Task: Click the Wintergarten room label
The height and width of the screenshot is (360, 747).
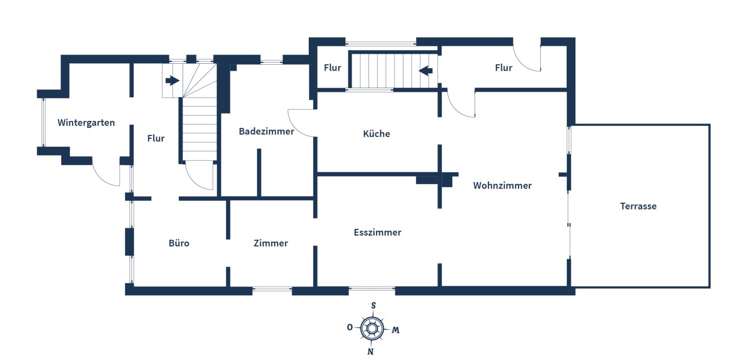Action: point(86,122)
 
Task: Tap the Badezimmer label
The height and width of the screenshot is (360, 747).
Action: point(266,131)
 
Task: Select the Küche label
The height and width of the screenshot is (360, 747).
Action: point(376,133)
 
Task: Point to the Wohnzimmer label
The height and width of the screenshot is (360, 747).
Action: point(502,186)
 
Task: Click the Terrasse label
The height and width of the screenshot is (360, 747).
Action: point(638,206)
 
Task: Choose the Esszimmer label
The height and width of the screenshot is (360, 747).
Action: point(377,233)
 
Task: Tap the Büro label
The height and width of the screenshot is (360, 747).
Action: point(179,243)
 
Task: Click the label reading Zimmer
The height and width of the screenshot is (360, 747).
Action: point(270,243)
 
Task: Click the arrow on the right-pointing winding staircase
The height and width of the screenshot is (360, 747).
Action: point(172,80)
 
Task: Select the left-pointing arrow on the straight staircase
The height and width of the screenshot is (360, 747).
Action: point(426,71)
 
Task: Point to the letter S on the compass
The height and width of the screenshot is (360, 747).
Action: point(373,305)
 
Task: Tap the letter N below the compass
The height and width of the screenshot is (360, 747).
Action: point(371,352)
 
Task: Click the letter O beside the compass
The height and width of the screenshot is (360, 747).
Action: point(350,327)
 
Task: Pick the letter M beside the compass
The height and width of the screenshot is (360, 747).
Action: point(395,330)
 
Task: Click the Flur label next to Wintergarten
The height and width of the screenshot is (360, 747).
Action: point(156,138)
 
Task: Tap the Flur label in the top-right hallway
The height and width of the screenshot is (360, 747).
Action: point(503,68)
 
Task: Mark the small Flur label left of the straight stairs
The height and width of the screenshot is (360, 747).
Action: point(332,68)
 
